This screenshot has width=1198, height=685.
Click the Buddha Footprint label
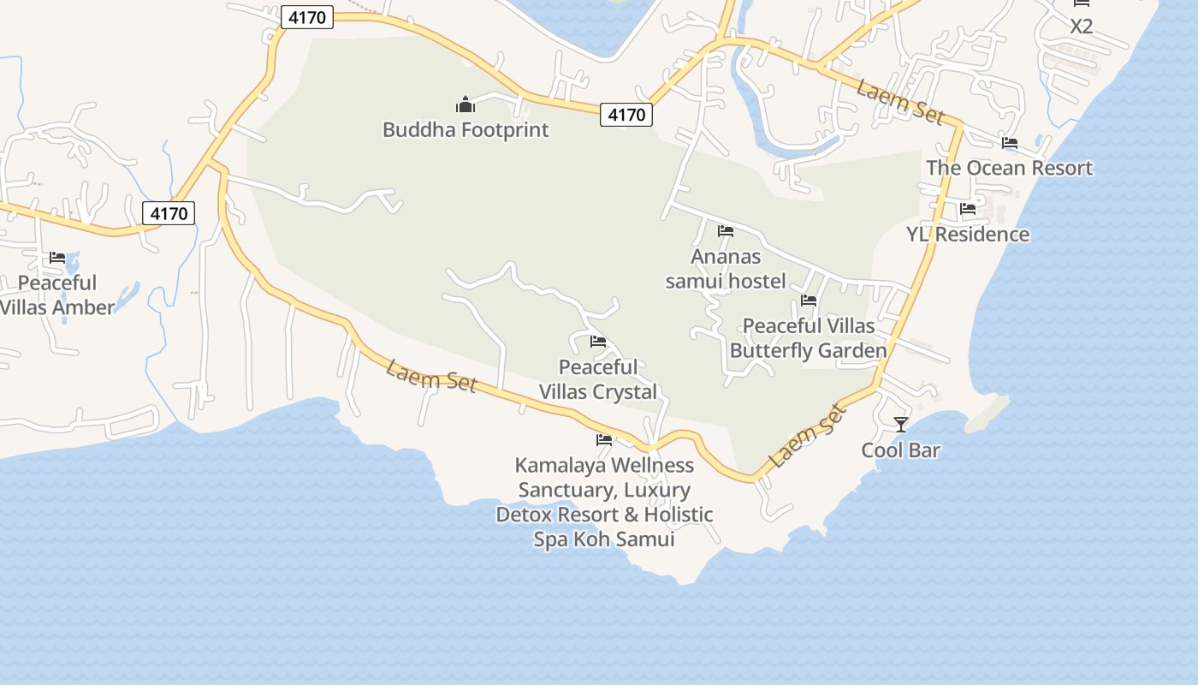pyautogui.click(x=466, y=130)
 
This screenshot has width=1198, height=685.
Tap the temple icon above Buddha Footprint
pyautogui.click(x=466, y=105)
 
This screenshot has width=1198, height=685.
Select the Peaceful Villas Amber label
pyautogui.click(x=57, y=295)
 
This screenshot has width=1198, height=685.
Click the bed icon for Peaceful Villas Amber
pyautogui.click(x=57, y=258)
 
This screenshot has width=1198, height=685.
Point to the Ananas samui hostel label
pyautogui.click(x=726, y=269)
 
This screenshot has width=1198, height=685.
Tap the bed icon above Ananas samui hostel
pyautogui.click(x=726, y=231)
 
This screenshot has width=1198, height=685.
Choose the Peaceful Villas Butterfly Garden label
pyautogui.click(x=808, y=338)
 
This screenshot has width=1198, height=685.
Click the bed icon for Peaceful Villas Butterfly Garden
pyautogui.click(x=809, y=301)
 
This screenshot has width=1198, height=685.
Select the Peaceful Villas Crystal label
pyautogui.click(x=598, y=379)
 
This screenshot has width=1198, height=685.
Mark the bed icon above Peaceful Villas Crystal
pyautogui.click(x=598, y=342)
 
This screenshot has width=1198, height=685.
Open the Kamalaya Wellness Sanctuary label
pyautogui.click(x=604, y=502)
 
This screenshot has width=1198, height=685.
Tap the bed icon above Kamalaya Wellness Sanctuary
pyautogui.click(x=604, y=440)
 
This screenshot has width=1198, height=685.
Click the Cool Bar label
pyautogui.click(x=900, y=450)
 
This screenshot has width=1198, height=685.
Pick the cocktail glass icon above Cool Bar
pyautogui.click(x=900, y=425)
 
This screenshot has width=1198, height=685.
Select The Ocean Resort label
pyautogui.click(x=1009, y=168)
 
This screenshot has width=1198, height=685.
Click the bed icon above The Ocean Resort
pyautogui.click(x=1010, y=143)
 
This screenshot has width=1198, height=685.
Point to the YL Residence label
pyautogui.click(x=968, y=235)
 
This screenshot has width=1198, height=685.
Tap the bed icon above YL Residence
pyautogui.click(x=968, y=209)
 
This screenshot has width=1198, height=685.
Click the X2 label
pyautogui.click(x=1082, y=27)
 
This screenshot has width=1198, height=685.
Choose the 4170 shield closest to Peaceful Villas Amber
pyautogui.click(x=169, y=213)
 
